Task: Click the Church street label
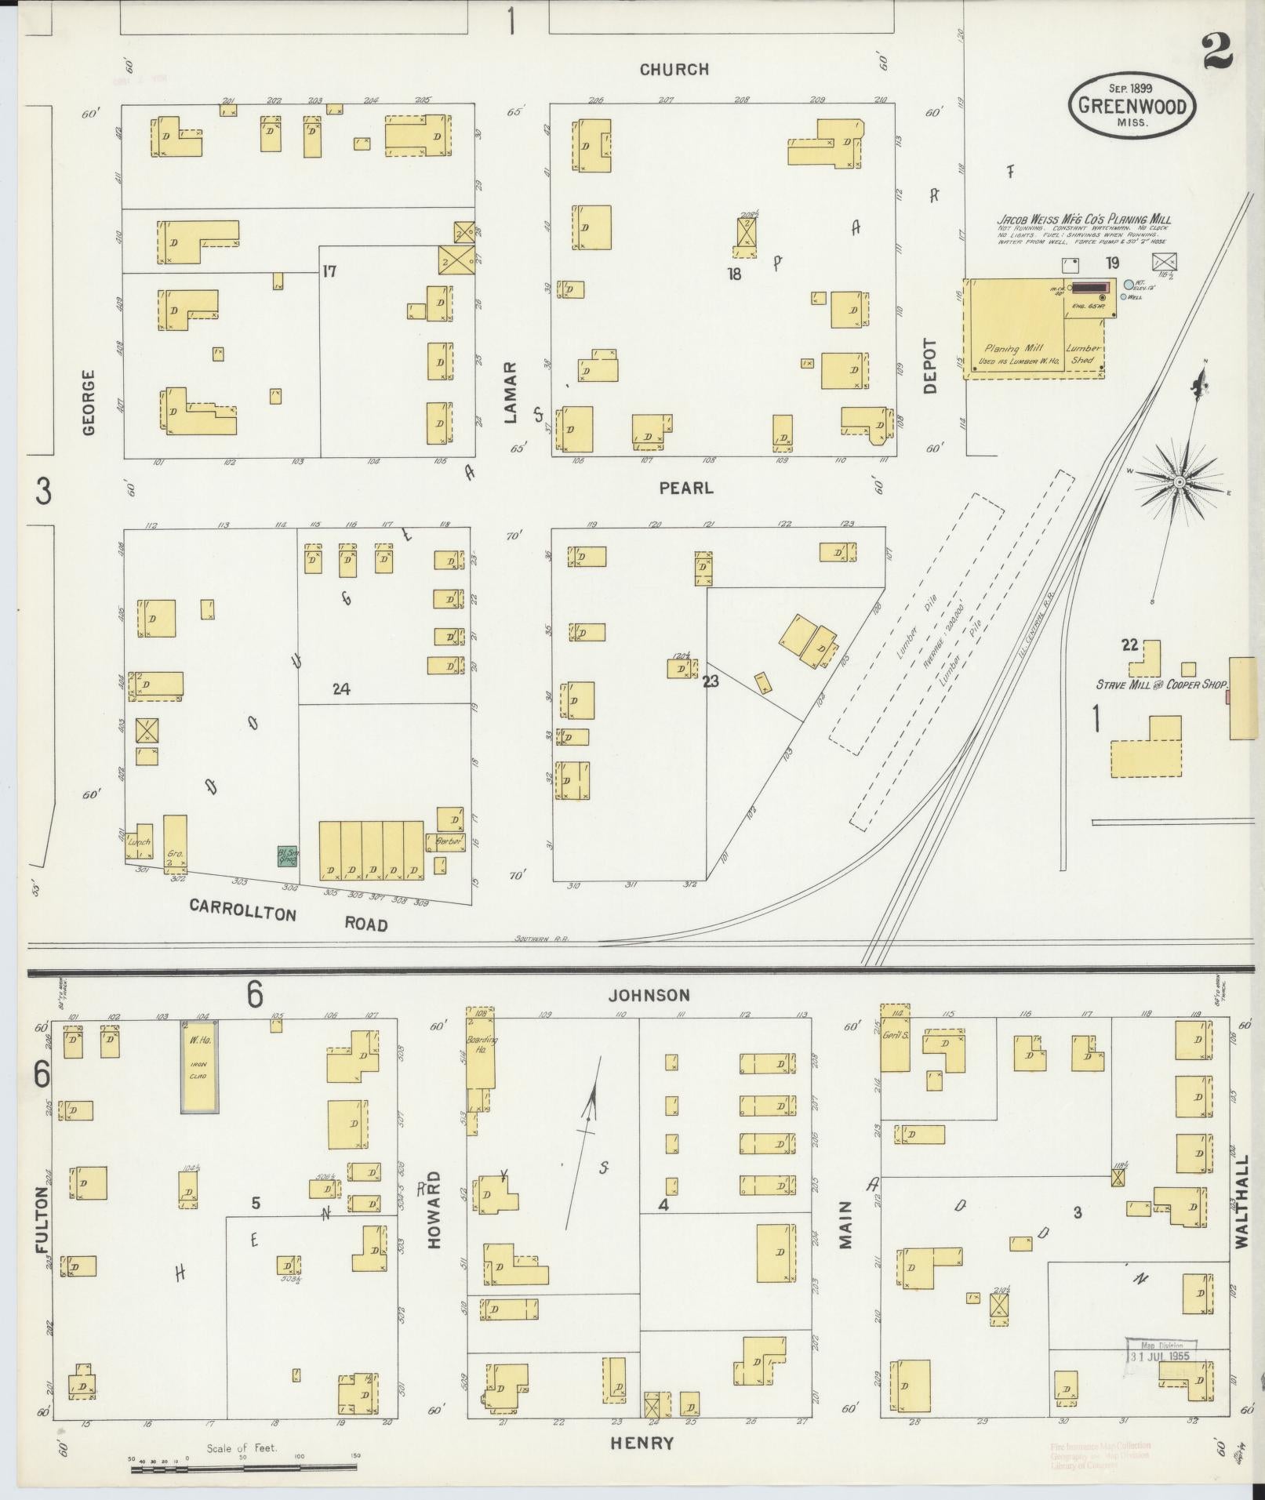(674, 70)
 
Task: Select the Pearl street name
(686, 488)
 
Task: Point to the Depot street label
(930, 365)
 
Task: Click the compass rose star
(1179, 481)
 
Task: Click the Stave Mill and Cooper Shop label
(1160, 685)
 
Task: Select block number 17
(329, 271)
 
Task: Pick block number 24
(340, 689)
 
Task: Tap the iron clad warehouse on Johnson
(199, 1066)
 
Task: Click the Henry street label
(641, 1442)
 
